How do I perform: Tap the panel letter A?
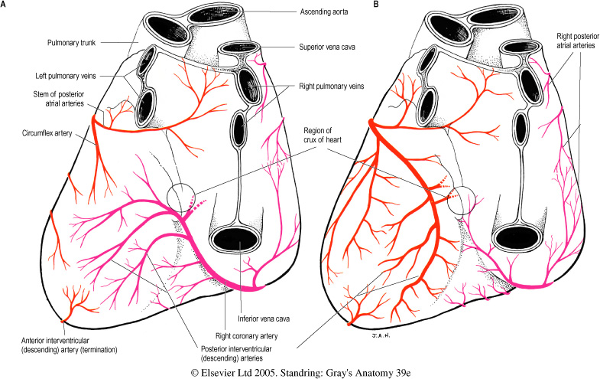(5, 5)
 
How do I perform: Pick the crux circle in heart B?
(463, 201)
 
